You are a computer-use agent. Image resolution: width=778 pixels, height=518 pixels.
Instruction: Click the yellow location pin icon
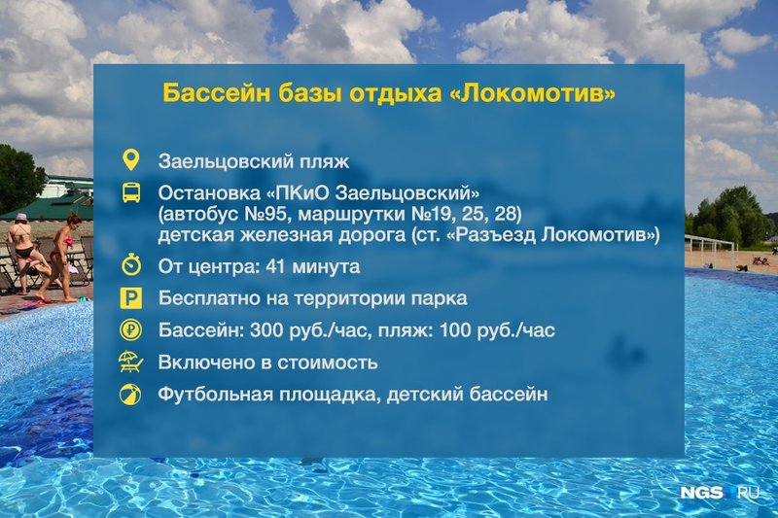130,160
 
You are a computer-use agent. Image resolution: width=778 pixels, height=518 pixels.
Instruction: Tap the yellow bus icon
131,192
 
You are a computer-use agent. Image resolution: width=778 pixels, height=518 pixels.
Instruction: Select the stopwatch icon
131,264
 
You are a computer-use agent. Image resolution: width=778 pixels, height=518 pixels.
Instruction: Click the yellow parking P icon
131,298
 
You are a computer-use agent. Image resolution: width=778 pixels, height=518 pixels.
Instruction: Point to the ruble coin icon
131,330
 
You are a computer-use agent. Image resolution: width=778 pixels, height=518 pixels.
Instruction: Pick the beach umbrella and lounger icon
131,362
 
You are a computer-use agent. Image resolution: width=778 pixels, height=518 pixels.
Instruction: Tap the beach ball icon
130,395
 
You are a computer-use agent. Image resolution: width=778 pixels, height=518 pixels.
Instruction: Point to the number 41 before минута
275,266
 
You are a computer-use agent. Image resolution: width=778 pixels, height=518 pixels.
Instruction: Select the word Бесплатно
206,298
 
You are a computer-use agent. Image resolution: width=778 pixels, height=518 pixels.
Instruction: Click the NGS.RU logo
720,492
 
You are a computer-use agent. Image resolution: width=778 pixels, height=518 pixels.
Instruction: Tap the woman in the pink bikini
59,258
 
